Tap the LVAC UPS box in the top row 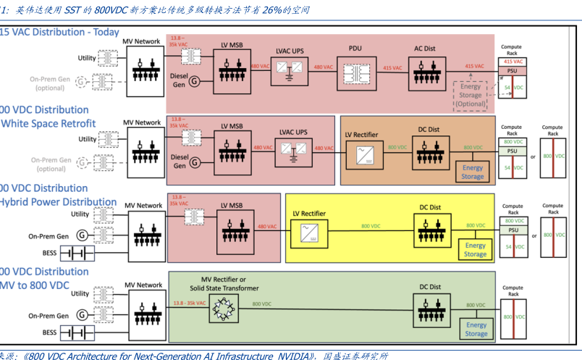(290, 71)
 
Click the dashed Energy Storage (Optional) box (471, 95)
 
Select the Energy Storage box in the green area (476, 329)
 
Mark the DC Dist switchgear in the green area (430, 309)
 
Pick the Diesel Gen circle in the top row (194, 80)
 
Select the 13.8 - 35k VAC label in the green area (185, 304)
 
